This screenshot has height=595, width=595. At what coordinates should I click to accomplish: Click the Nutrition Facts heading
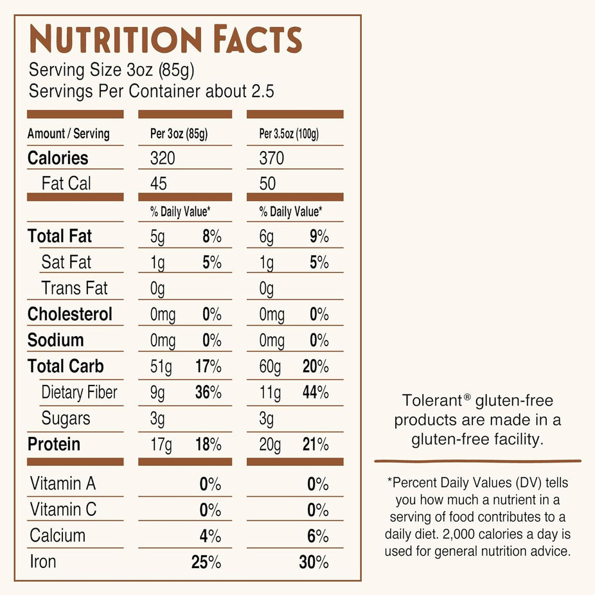click(x=165, y=40)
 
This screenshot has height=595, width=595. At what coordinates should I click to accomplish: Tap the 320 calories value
click(x=163, y=158)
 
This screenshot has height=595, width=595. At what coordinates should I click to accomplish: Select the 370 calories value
click(x=272, y=158)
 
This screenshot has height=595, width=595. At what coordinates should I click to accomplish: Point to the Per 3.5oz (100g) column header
click(x=289, y=134)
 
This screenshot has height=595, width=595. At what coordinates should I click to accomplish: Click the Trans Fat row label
click(x=75, y=289)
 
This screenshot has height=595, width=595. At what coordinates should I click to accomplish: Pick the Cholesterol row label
click(x=69, y=315)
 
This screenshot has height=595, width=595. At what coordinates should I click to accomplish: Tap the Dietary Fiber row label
click(x=79, y=393)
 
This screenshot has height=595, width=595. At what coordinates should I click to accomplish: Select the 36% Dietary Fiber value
click(x=208, y=393)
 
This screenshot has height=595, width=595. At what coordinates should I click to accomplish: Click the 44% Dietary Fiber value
click(x=315, y=393)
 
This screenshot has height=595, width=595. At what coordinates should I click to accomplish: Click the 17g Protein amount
click(x=161, y=445)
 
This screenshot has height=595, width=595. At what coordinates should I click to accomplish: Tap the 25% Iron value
click(x=206, y=562)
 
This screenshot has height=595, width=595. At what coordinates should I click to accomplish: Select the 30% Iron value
click(x=314, y=562)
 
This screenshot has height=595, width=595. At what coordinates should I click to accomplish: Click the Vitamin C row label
click(x=63, y=510)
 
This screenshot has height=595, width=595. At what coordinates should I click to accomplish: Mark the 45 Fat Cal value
click(x=158, y=184)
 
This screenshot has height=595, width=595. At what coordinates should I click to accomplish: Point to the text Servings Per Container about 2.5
click(x=152, y=91)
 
